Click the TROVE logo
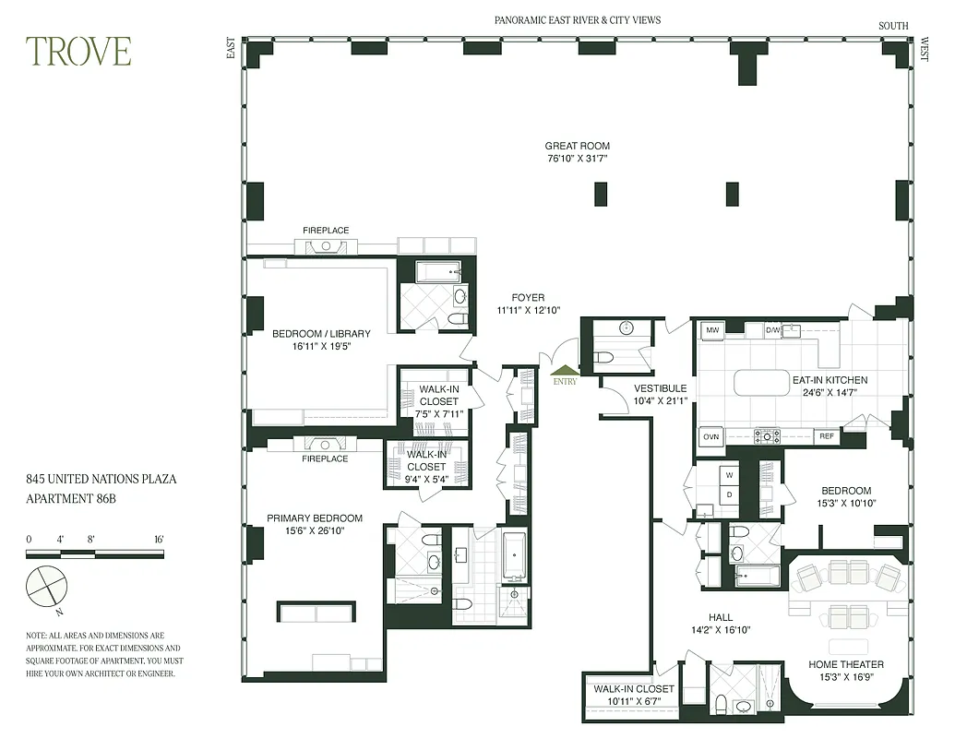(x=78, y=52)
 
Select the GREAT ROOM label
(x=577, y=146)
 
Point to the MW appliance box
(x=711, y=329)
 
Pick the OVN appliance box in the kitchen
(x=710, y=437)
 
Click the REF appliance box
(x=826, y=436)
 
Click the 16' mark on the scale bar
(x=159, y=539)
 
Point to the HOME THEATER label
(x=845, y=664)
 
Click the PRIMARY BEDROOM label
(x=315, y=518)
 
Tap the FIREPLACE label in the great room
(x=326, y=231)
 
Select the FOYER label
(x=528, y=298)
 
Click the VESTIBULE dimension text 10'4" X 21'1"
(x=660, y=401)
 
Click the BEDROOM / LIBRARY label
(x=321, y=334)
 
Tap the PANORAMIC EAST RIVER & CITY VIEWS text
(x=578, y=20)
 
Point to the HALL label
(x=721, y=618)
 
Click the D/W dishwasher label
(x=773, y=329)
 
